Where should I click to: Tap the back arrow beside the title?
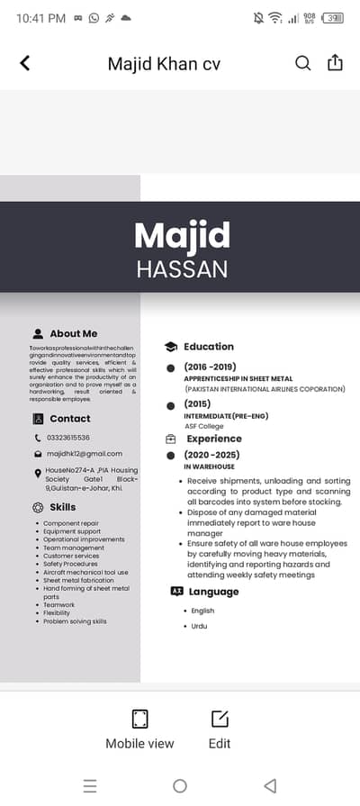pyautogui.click(x=25, y=63)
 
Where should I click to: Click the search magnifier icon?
pyautogui.click(x=303, y=63)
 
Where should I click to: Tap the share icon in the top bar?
pyautogui.click(x=335, y=63)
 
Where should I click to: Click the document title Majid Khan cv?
pyautogui.click(x=164, y=64)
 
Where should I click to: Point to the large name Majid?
pyautogui.click(x=182, y=236)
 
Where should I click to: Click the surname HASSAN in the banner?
pyautogui.click(x=182, y=269)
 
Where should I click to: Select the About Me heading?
pyautogui.click(x=74, y=333)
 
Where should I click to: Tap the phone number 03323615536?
pyautogui.click(x=67, y=438)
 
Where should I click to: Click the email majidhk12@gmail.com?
pyautogui.click(x=84, y=454)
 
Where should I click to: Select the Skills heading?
pyautogui.click(x=63, y=507)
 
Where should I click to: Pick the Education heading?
pyautogui.click(x=208, y=347)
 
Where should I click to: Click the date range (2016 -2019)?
pyautogui.click(x=210, y=367)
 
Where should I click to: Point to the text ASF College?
pyautogui.click(x=203, y=425)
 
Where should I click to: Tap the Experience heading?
pyautogui.click(x=214, y=439)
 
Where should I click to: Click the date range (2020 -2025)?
pyautogui.click(x=211, y=455)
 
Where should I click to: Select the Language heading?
pyautogui.click(x=213, y=592)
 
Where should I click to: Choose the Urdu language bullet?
pyautogui.click(x=199, y=626)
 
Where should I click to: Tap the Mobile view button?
pyautogui.click(x=139, y=729)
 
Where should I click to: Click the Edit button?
pyautogui.click(x=220, y=729)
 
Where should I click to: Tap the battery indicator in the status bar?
pyautogui.click(x=333, y=18)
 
